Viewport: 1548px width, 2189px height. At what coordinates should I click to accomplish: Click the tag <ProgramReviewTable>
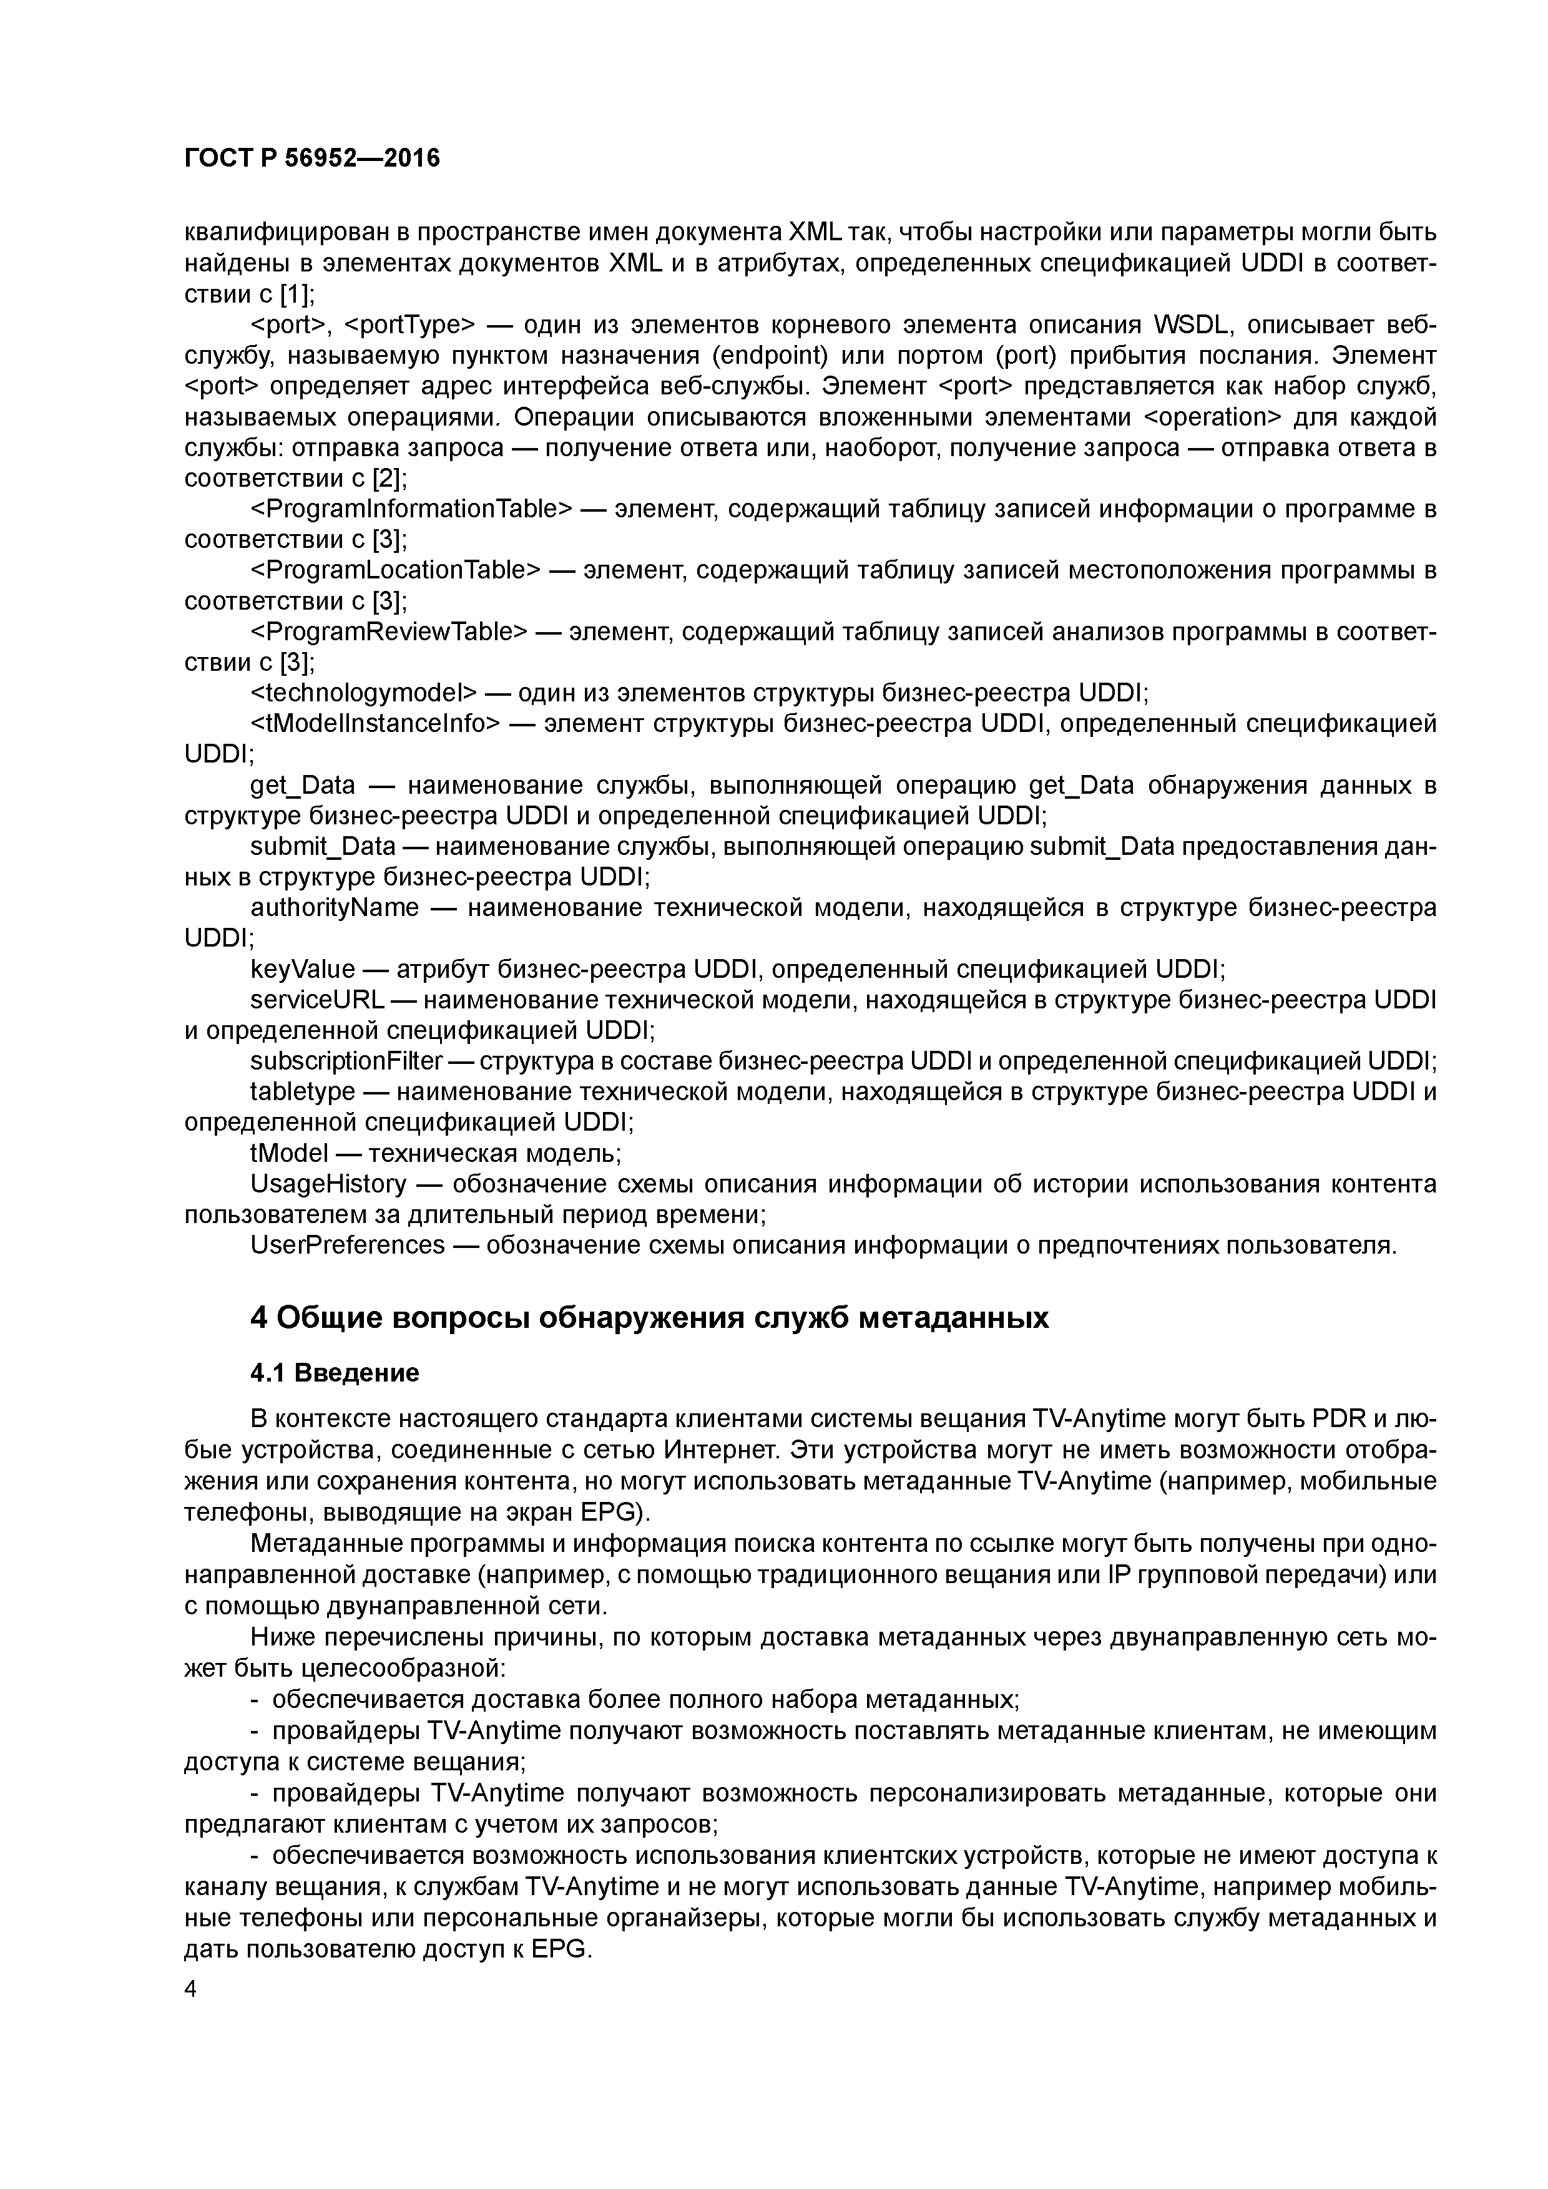(x=389, y=631)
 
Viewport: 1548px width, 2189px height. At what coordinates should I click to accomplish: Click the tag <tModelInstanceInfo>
(x=375, y=723)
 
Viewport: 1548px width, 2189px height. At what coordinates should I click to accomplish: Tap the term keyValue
(x=302, y=968)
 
